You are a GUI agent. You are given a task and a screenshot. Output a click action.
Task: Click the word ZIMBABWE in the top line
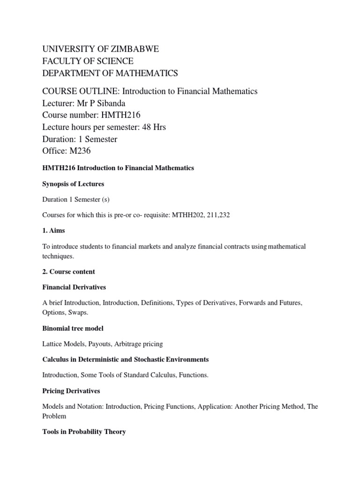(133, 49)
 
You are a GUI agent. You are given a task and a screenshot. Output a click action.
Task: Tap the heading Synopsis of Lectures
(73, 184)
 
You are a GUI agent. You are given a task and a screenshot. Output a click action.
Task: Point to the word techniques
(58, 256)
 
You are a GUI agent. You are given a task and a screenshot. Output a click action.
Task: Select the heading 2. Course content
(69, 272)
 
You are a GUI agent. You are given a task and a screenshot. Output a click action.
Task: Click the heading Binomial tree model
(73, 329)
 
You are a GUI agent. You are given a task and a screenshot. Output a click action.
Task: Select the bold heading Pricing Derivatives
(71, 391)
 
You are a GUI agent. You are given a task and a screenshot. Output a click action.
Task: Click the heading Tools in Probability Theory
(84, 432)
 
